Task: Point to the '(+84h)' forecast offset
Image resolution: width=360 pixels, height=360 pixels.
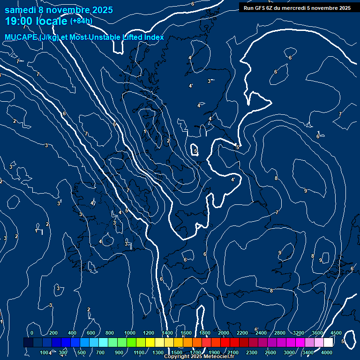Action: point(81,21)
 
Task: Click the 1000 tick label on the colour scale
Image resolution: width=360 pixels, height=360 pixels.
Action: point(130,333)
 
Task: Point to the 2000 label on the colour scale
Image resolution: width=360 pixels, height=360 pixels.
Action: point(224,333)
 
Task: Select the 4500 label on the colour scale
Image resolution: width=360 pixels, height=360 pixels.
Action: point(336,333)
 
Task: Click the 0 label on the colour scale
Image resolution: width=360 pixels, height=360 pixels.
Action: point(32,333)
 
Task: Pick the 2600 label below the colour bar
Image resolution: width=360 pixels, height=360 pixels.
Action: point(270,352)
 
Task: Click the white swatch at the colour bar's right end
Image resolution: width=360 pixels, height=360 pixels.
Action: point(328,343)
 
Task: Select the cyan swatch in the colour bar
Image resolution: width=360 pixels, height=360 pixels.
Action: point(103,343)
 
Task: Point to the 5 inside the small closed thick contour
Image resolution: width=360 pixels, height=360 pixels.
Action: point(195,151)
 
